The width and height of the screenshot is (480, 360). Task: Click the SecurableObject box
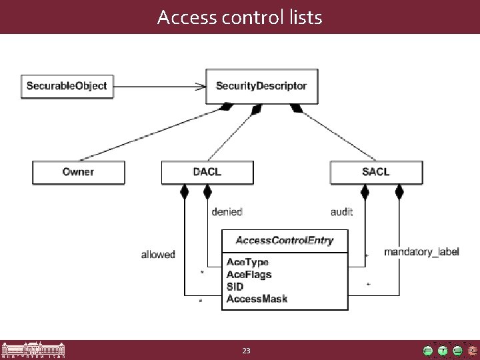click(67, 86)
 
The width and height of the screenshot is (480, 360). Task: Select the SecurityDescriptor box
click(261, 86)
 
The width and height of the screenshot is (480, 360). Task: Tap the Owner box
click(79, 172)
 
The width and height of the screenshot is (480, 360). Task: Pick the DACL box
click(207, 172)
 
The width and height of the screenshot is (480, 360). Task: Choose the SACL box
click(376, 172)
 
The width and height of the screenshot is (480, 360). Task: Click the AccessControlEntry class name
click(285, 240)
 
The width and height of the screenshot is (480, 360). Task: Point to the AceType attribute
click(247, 262)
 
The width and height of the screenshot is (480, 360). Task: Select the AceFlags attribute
click(249, 274)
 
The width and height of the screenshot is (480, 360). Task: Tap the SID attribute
click(235, 286)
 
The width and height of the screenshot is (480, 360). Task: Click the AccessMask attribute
click(257, 299)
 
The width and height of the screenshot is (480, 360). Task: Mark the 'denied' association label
click(226, 212)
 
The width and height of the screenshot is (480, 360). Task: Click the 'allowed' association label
click(158, 254)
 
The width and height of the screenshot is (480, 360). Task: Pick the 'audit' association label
click(341, 212)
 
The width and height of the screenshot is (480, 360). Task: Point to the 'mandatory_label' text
click(421, 252)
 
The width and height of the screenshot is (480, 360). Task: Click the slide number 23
click(246, 350)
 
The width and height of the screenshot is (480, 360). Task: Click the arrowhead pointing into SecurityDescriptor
click(200, 85)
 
